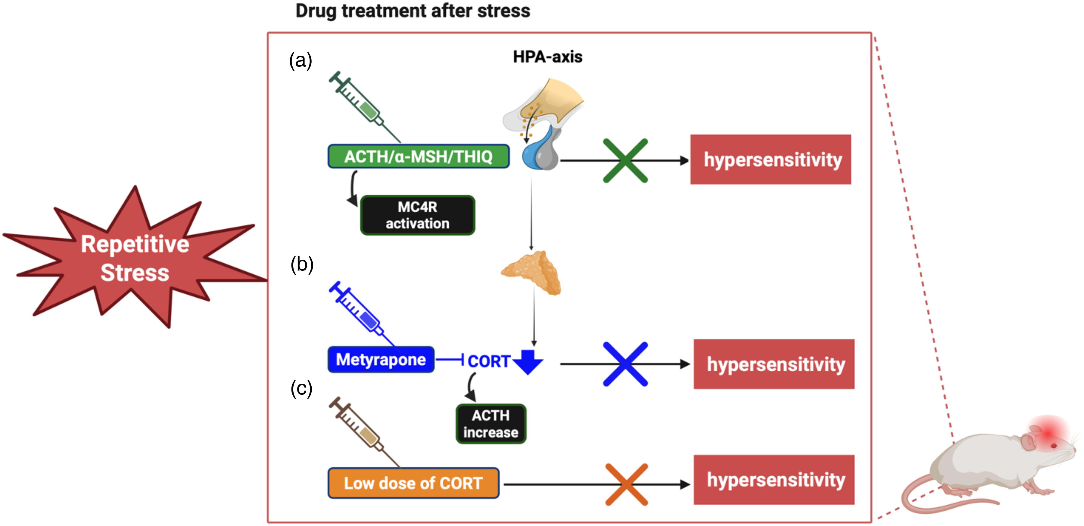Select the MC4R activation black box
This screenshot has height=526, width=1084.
(x=417, y=215)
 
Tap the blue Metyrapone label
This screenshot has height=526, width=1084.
(x=381, y=360)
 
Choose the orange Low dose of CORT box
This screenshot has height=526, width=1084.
(x=413, y=483)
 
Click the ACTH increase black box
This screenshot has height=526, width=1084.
(x=491, y=424)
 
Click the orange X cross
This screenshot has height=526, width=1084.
(x=627, y=484)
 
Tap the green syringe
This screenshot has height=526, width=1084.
(x=364, y=107)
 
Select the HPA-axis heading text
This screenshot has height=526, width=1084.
(x=547, y=57)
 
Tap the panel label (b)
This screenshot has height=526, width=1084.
(x=302, y=265)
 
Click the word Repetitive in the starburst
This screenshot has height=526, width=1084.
(x=135, y=244)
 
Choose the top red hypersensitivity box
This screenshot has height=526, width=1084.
(x=771, y=159)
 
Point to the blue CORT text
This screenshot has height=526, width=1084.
(x=489, y=361)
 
